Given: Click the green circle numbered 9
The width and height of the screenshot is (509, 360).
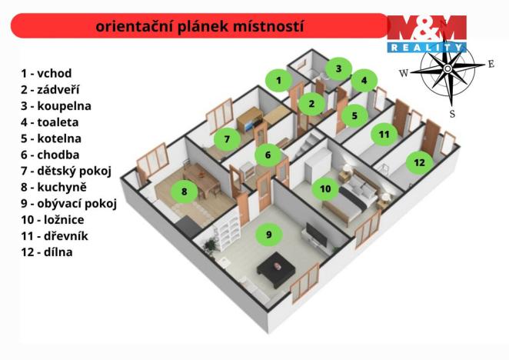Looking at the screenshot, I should point(268,235).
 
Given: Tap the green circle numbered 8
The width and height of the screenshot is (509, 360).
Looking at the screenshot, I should point(185,192).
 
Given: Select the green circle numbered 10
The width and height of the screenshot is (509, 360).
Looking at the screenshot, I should point(325,188).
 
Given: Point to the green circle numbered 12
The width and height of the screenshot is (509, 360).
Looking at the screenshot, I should point(418,162).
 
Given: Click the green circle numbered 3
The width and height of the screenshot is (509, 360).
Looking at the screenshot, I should point(338,68).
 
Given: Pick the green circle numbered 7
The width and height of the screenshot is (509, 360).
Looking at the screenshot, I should point(227,139).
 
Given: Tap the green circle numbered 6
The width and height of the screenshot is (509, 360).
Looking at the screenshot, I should point(268,155).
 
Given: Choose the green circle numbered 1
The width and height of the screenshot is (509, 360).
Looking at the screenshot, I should point(280,79).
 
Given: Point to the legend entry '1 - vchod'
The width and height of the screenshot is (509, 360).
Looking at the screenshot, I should point(46,74).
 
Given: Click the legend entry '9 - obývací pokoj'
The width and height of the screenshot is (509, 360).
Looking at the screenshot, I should point(69,203).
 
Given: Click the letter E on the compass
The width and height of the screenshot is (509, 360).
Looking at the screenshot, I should point(491,64).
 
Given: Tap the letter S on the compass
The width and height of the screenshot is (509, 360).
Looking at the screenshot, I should point(452,114).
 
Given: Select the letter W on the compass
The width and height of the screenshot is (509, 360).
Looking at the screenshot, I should point(403,73).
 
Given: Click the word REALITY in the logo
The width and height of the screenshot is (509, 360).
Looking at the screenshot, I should point(427,47).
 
